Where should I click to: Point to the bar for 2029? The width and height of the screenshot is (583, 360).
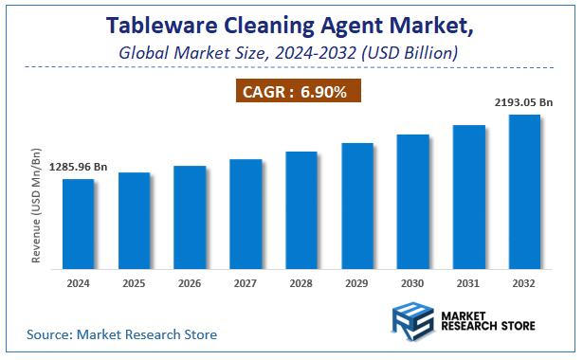(357, 204)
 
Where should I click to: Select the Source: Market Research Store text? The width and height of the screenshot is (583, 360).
(121, 334)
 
